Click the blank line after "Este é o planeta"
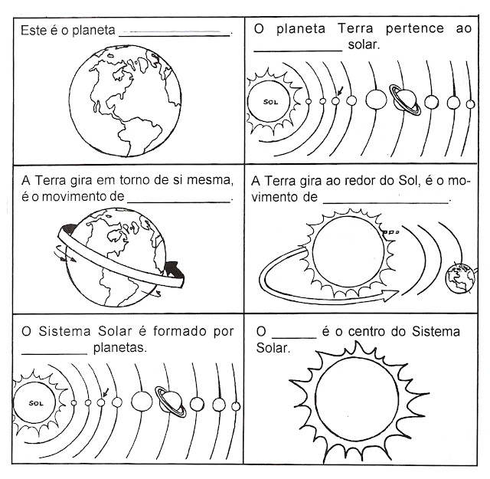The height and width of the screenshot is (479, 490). (x=175, y=34)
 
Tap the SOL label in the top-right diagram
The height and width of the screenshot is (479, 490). (x=269, y=100)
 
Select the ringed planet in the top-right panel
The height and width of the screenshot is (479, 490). (x=405, y=98)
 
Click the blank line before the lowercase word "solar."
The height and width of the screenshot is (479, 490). (x=297, y=48)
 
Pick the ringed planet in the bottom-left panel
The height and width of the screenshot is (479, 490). (x=170, y=399)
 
